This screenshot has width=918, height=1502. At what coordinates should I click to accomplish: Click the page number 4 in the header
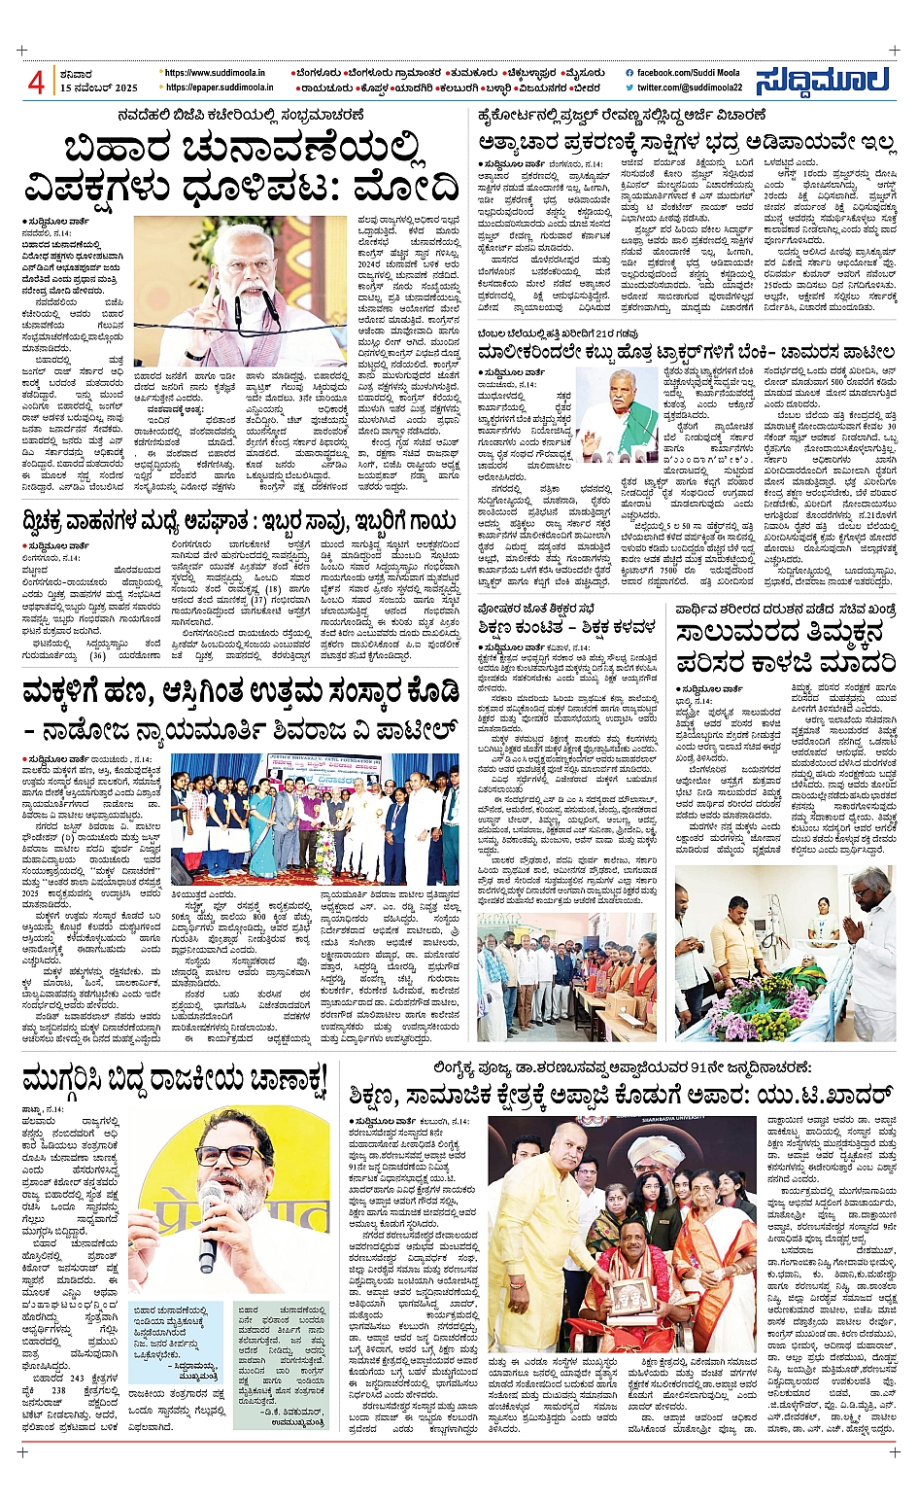point(35,83)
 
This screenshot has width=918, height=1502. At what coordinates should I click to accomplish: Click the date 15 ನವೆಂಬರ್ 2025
point(99,87)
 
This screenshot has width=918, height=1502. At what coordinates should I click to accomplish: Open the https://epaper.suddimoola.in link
point(219,87)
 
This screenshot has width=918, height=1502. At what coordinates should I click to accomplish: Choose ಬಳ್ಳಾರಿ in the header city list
point(499,87)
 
